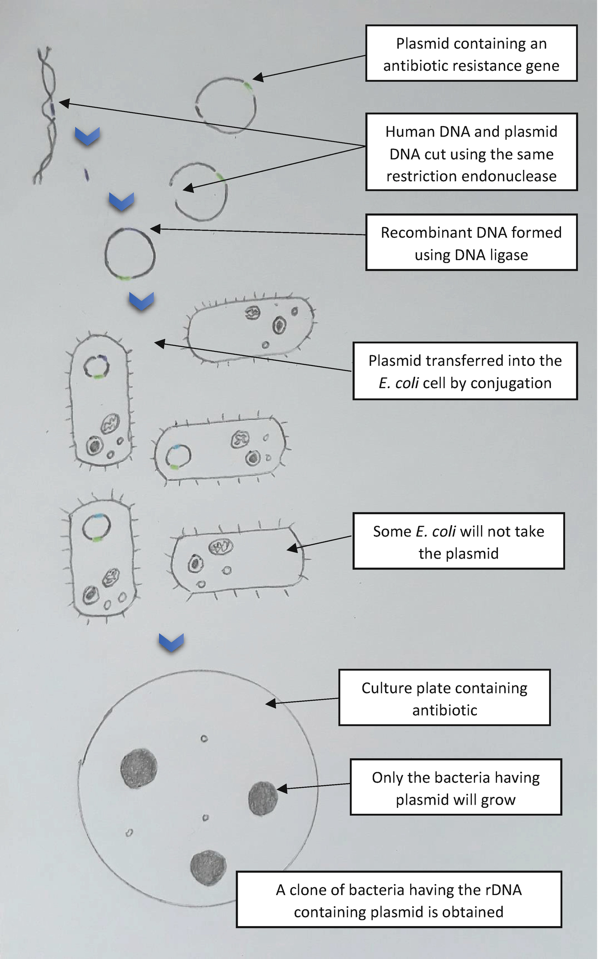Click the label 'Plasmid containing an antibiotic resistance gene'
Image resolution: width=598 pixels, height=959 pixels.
click(x=471, y=54)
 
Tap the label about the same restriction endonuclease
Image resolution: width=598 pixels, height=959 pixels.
click(x=471, y=153)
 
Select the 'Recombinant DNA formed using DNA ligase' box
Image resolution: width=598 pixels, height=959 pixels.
click(x=471, y=242)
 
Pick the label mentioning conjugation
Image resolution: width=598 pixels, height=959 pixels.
click(x=465, y=371)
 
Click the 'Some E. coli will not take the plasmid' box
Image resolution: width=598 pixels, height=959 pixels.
click(x=458, y=541)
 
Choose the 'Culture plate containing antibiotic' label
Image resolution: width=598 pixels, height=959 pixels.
click(x=444, y=698)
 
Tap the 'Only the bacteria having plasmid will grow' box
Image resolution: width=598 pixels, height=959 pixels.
click(x=455, y=787)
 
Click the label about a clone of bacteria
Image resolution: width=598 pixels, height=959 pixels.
click(x=398, y=900)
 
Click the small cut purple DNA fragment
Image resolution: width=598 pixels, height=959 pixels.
click(x=86, y=174)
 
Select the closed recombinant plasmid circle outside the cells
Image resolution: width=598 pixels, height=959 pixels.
click(x=130, y=254)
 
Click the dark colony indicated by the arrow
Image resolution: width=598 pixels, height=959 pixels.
click(x=263, y=798)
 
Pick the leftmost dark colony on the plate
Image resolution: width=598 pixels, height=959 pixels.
click(x=138, y=769)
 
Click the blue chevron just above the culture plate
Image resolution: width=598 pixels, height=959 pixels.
click(x=171, y=642)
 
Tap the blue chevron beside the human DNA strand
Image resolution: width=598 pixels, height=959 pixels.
click(x=87, y=136)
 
